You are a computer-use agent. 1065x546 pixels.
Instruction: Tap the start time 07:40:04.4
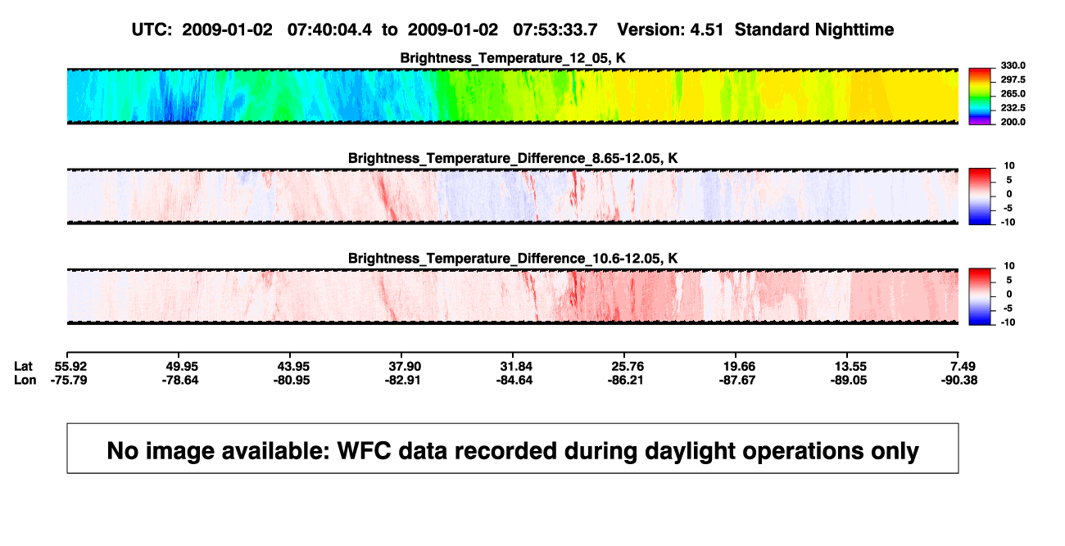(x=329, y=30)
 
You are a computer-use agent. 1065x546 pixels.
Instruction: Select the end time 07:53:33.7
(x=555, y=30)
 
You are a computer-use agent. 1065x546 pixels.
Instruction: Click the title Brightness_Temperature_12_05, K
(x=513, y=58)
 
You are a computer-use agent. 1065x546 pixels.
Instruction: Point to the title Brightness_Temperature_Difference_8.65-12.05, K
(x=513, y=158)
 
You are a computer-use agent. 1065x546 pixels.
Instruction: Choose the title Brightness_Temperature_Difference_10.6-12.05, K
(x=513, y=259)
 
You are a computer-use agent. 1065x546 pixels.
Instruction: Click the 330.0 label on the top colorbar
(x=1013, y=65)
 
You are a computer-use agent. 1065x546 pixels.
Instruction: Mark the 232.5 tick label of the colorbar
(x=1013, y=108)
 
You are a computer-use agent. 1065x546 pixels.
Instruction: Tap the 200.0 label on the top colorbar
(x=1013, y=122)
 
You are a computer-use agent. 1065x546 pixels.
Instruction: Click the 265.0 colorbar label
(x=1013, y=93)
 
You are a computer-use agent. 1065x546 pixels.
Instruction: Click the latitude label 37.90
(x=405, y=367)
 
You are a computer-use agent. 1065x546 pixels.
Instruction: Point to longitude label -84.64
(x=514, y=380)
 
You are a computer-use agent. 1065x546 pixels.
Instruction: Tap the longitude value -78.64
(x=180, y=380)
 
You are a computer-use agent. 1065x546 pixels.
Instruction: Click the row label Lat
(x=23, y=367)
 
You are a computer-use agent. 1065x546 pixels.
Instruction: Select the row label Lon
(x=25, y=380)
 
